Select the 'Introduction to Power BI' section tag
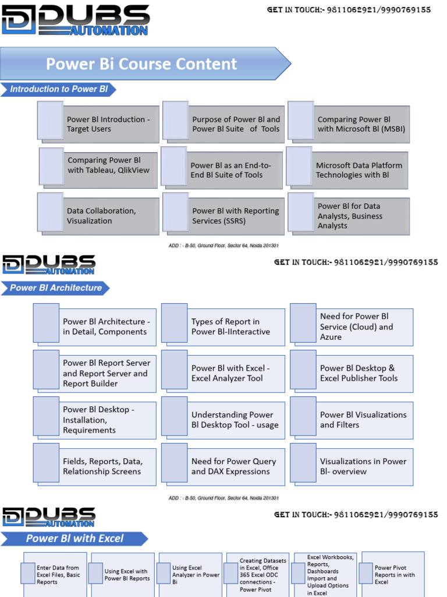click(x=59, y=89)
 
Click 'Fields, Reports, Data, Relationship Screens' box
click(x=101, y=466)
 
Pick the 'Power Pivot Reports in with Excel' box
click(x=393, y=574)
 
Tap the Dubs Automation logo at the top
click(x=76, y=20)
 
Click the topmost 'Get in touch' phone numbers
click(x=349, y=10)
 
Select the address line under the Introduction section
click(x=224, y=245)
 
